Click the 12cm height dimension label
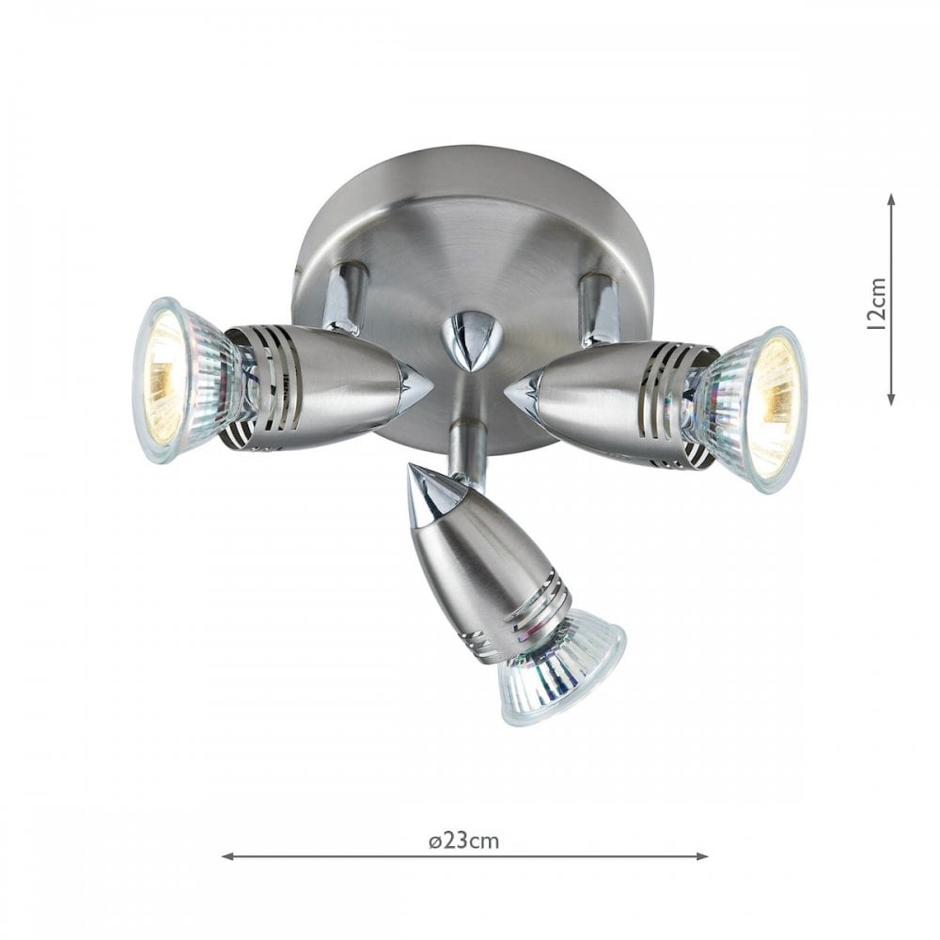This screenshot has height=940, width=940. (x=878, y=304)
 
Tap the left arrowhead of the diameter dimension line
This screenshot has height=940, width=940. (x=227, y=856)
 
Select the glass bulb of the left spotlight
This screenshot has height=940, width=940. (x=184, y=380)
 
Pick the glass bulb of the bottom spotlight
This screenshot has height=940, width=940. (x=558, y=665)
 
